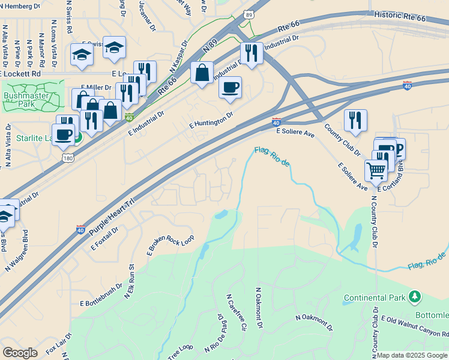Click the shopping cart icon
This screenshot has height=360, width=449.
pyautogui.click(x=376, y=170)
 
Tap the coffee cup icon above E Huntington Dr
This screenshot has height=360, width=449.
pyautogui.click(x=230, y=88)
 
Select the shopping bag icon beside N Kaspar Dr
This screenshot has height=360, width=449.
pyautogui.click(x=202, y=73)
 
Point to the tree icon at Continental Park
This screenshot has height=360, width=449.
pyautogui.click(x=414, y=296)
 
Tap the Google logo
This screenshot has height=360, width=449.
pyautogui.click(x=20, y=353)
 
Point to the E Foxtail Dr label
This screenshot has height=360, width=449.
pyautogui.click(x=104, y=239)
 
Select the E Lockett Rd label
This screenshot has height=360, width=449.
pyautogui.click(x=20, y=73)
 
